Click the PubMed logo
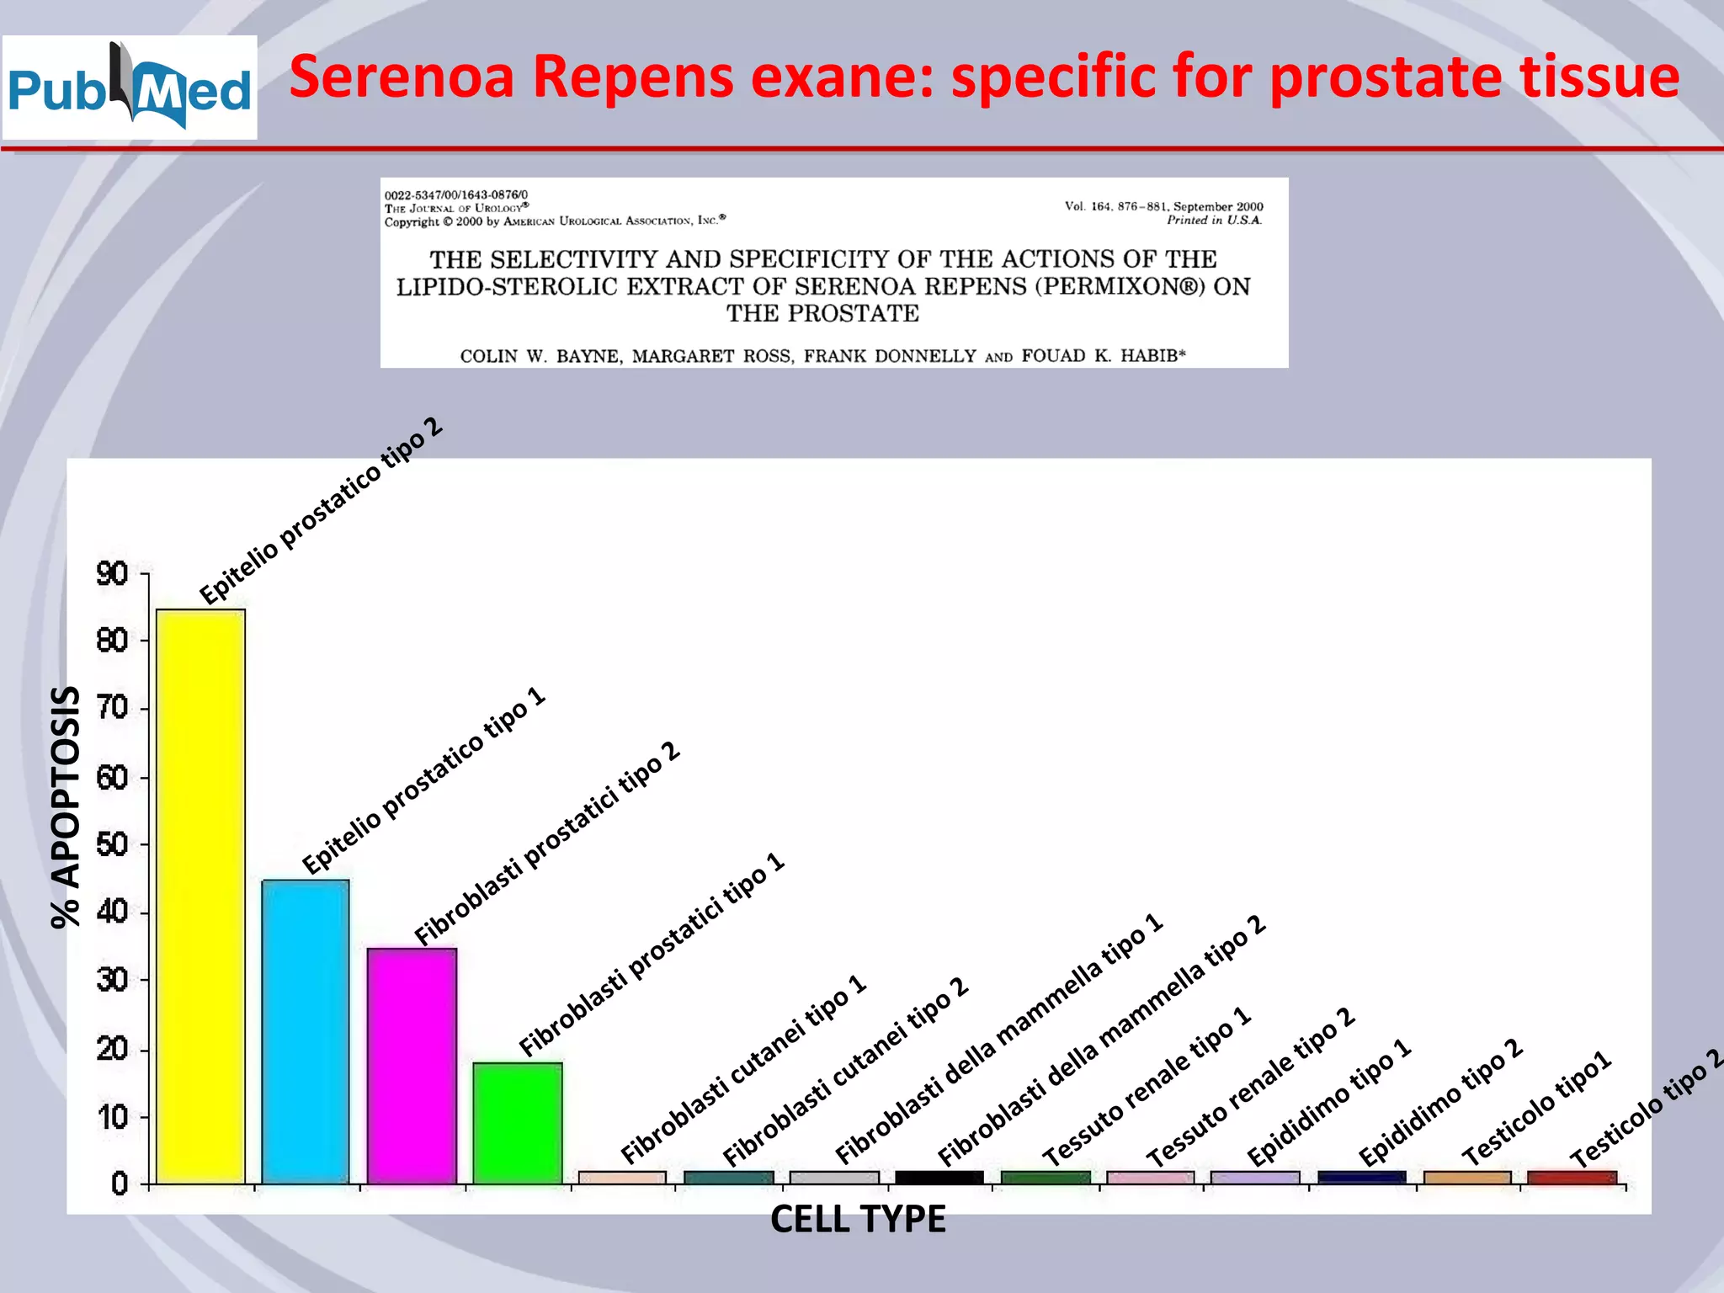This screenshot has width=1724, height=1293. click(x=130, y=88)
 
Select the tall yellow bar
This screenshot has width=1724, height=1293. click(x=200, y=896)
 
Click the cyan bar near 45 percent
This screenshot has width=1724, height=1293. click(x=306, y=1031)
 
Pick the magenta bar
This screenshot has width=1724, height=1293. click(x=412, y=1066)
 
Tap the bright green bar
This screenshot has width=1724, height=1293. click(x=518, y=1123)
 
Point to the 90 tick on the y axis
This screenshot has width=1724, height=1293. click(x=112, y=574)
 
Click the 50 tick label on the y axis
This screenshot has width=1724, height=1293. click(x=112, y=844)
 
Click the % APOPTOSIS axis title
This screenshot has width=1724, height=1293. click(x=66, y=806)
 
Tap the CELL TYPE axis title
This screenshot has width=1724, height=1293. click(x=858, y=1219)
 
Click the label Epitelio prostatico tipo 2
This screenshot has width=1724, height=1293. click(x=321, y=510)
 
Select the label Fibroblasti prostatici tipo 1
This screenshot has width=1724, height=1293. click(x=652, y=955)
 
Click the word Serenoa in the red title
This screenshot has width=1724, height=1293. click(x=401, y=77)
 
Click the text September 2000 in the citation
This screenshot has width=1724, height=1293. click(x=1218, y=206)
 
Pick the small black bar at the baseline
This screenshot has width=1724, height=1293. click(x=939, y=1177)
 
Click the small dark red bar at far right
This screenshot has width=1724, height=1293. click(x=1572, y=1177)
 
